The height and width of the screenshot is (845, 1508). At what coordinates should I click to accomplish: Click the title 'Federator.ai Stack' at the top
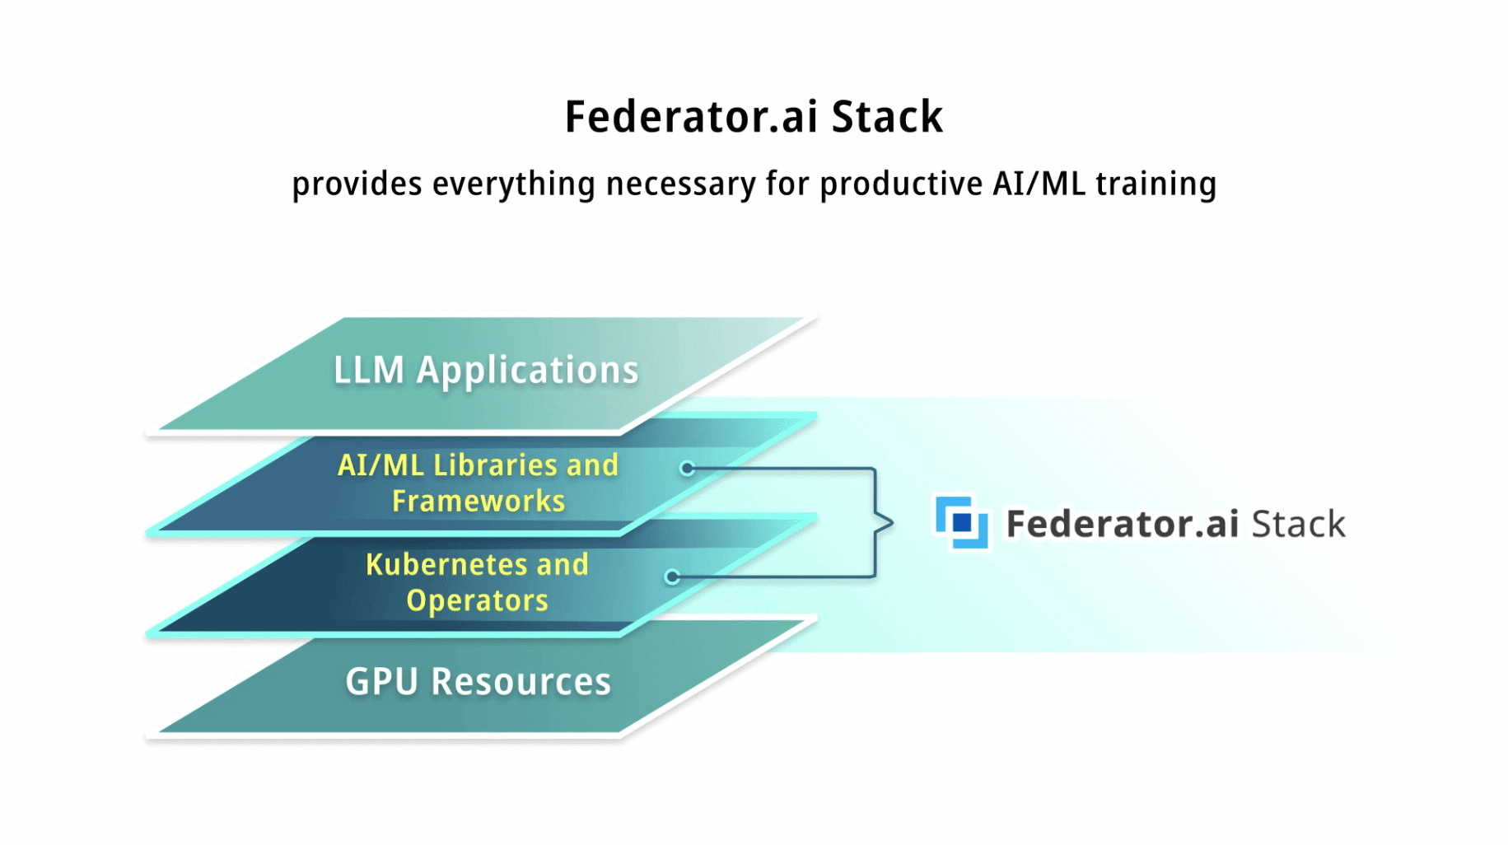[x=754, y=116]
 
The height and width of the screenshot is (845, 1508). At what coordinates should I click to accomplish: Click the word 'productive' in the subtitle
[x=901, y=184]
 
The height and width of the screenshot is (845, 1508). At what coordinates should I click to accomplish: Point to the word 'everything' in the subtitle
[x=513, y=184]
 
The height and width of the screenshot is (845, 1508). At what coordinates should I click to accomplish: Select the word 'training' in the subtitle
[x=1156, y=184]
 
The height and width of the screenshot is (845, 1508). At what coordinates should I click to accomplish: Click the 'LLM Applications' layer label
[x=486, y=371]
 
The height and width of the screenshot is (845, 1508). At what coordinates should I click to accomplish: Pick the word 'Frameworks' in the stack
[x=479, y=501]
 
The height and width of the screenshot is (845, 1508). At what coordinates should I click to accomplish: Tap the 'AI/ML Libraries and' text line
[x=478, y=465]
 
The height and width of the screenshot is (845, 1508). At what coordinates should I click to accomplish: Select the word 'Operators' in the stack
[x=478, y=600]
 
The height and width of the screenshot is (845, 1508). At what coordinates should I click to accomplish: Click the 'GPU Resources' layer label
[x=479, y=682]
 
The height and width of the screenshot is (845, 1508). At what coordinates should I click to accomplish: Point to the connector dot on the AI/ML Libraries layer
[x=687, y=469]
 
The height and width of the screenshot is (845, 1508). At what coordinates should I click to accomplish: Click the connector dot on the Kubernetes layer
[x=672, y=577]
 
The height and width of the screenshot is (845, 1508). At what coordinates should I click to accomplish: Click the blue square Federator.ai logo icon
[x=961, y=522]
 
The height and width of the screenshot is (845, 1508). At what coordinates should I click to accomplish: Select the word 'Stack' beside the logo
[x=1299, y=524]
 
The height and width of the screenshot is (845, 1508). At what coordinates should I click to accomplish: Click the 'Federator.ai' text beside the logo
[x=1123, y=524]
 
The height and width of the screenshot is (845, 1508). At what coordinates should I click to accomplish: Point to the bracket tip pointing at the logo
[x=893, y=523]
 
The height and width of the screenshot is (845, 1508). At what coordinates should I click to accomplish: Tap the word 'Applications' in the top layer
[x=528, y=371]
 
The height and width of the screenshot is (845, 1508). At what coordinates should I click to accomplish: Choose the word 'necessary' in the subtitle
[x=680, y=184]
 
